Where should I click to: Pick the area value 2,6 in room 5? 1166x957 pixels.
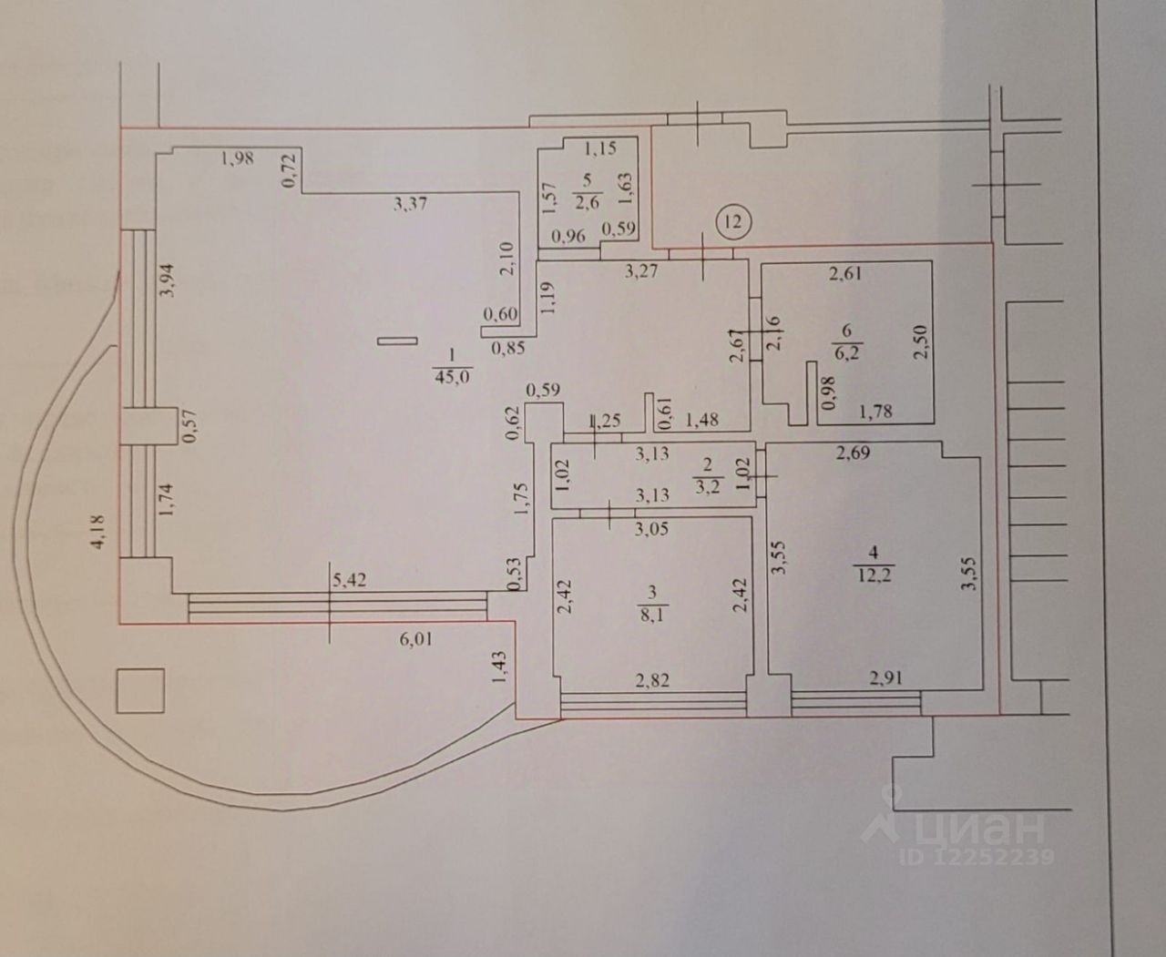[x=585, y=202]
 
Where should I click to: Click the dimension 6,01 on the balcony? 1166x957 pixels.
[x=414, y=639]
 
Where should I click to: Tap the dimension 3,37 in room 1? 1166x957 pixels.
[x=410, y=205]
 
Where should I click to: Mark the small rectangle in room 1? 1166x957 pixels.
[x=394, y=341]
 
